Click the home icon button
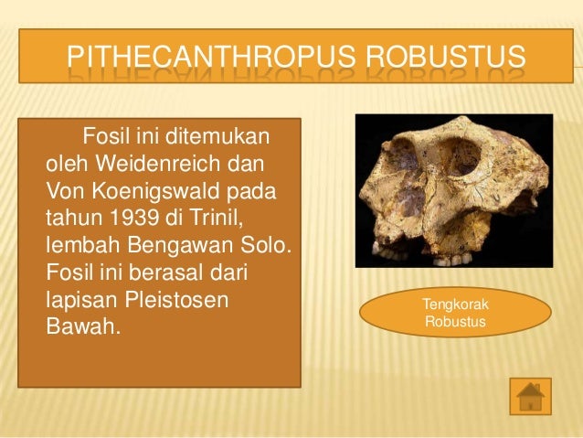[530, 396]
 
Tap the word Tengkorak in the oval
[454, 304]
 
